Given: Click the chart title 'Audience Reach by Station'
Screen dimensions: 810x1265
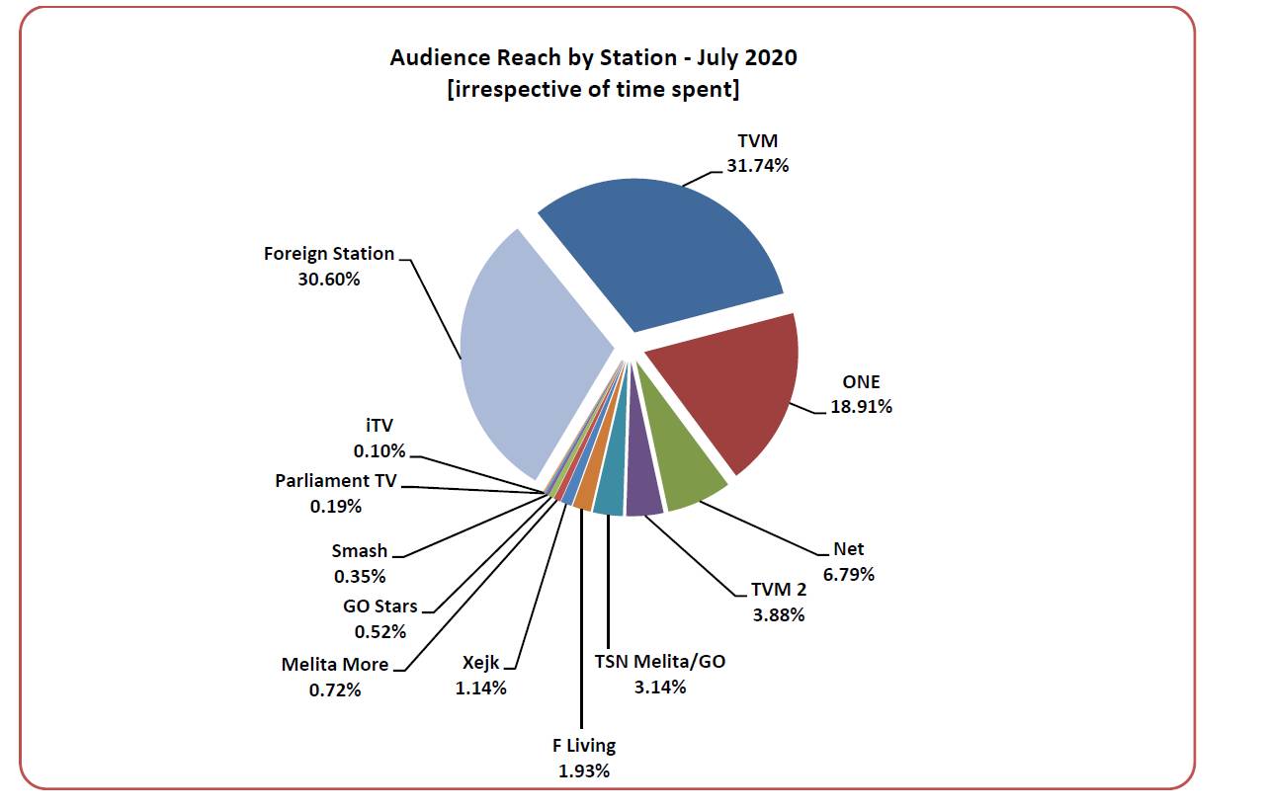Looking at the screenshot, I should click(x=593, y=57).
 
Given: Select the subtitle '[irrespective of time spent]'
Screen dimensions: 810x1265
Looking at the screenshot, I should click(x=593, y=89).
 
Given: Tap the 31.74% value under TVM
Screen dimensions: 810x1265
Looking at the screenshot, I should click(x=757, y=165).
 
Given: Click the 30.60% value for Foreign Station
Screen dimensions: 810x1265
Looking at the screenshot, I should click(x=328, y=279).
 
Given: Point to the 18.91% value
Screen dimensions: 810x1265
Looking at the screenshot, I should click(x=861, y=406).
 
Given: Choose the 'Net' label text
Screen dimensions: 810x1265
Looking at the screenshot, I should click(x=848, y=550).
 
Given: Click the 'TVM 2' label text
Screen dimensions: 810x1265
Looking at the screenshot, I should click(x=778, y=591).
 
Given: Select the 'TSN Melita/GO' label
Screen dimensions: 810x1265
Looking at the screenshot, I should click(x=659, y=661).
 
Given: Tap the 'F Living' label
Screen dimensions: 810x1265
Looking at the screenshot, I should click(x=583, y=746).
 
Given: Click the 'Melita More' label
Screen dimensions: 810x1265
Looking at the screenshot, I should click(x=335, y=665).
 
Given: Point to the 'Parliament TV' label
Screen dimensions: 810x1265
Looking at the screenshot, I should click(x=336, y=482).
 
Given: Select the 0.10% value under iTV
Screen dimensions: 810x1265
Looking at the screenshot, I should click(x=379, y=450).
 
